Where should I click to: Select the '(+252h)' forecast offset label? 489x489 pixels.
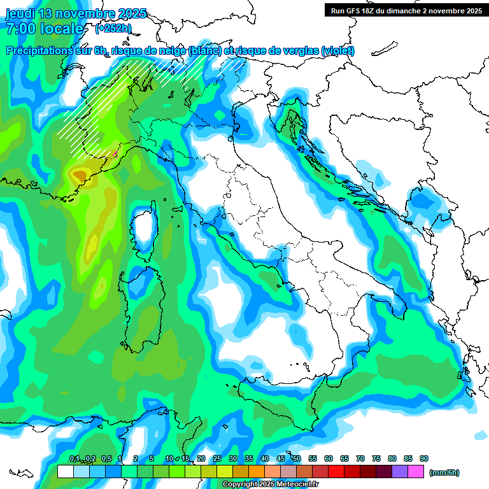click(114, 29)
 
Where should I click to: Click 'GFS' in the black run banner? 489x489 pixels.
click(357, 11)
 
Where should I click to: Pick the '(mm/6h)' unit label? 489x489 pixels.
click(444, 472)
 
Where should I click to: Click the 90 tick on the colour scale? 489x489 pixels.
click(424, 458)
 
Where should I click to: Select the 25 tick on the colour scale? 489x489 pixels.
click(217, 458)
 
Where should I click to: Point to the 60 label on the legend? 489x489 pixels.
click(329, 458)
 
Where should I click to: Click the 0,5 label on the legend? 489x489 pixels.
click(106, 458)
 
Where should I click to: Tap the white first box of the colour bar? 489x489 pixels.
click(65, 472)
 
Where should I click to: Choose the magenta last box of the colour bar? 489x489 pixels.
click(416, 472)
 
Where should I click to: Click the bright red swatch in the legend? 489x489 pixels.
click(336, 472)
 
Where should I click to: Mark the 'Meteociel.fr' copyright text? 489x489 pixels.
click(299, 485)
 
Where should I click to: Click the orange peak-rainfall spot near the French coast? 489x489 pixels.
click(80, 173)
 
